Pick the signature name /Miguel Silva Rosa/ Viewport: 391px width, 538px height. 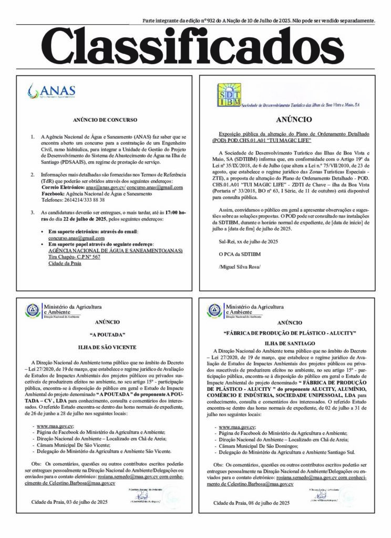pos(239,268)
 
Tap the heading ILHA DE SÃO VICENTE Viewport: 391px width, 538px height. pos(107,347)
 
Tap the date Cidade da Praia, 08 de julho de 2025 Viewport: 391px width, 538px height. pos(251,503)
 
